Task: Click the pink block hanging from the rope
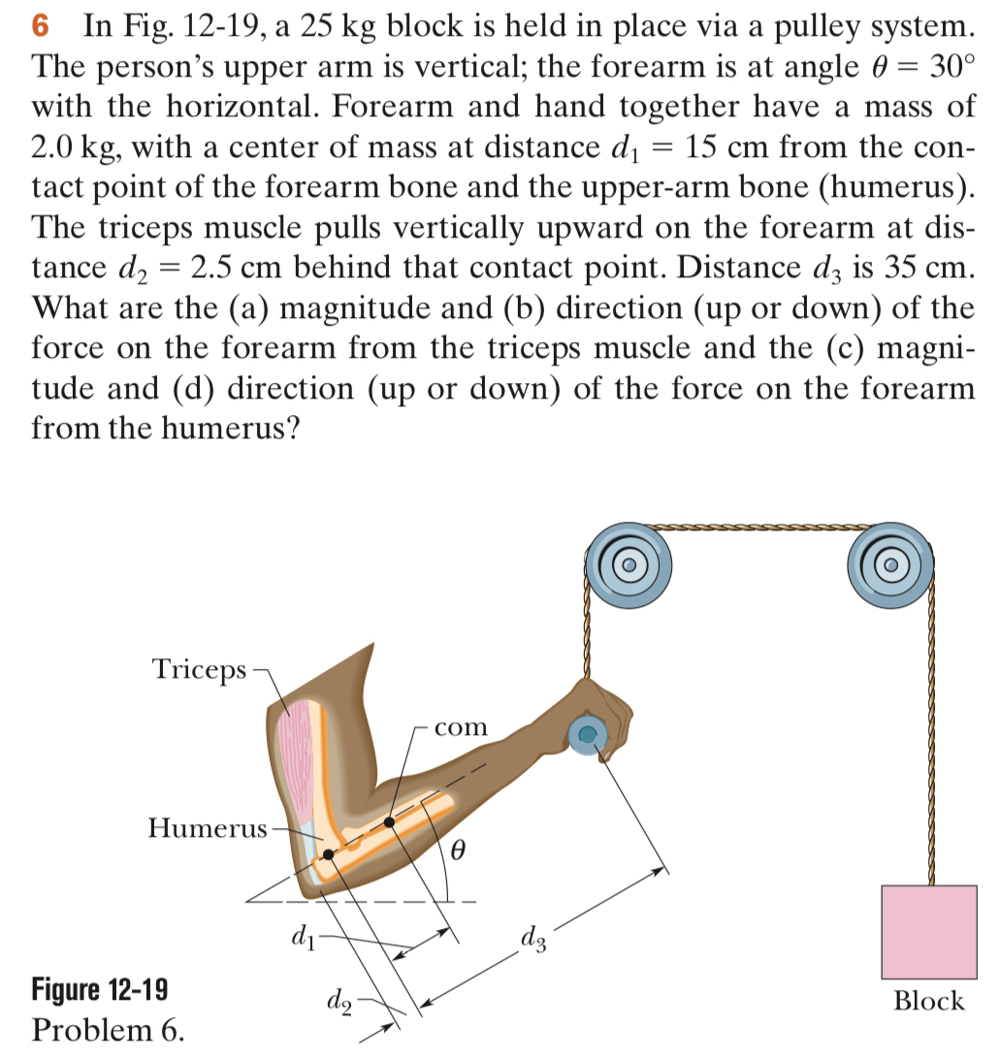[928, 931]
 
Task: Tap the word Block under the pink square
[928, 1001]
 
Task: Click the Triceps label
[199, 669]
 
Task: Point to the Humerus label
[207, 828]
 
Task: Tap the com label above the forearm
[460, 726]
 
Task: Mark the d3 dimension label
[536, 938]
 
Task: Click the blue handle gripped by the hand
[587, 736]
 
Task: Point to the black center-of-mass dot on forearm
[389, 822]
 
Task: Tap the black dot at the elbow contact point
[330, 854]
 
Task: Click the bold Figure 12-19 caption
[99, 990]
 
